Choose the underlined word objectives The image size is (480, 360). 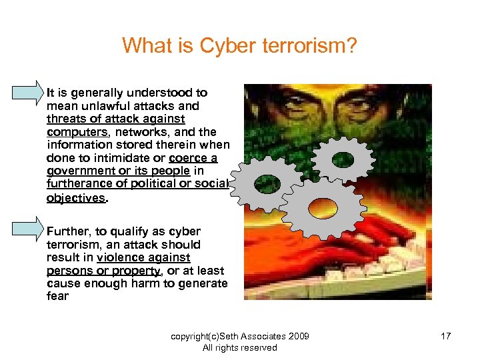(x=75, y=197)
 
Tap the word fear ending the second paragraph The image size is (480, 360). (x=57, y=296)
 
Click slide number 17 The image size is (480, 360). (x=445, y=336)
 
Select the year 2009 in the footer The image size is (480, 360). (x=297, y=336)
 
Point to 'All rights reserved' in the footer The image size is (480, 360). (x=239, y=347)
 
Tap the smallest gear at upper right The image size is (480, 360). (x=343, y=159)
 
